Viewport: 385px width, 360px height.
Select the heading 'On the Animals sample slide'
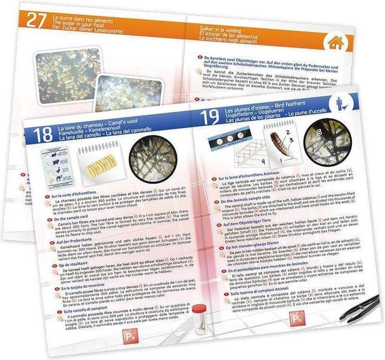pyautogui.click(x=243, y=196)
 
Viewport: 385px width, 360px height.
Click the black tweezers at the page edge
pyautogui.click(x=360, y=309)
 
